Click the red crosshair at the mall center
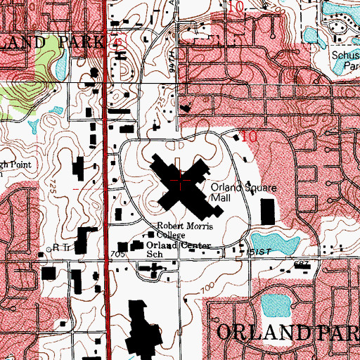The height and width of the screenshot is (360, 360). click(181, 181)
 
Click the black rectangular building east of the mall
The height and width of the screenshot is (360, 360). click(267, 211)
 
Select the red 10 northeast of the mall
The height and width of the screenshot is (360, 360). click(248, 137)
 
